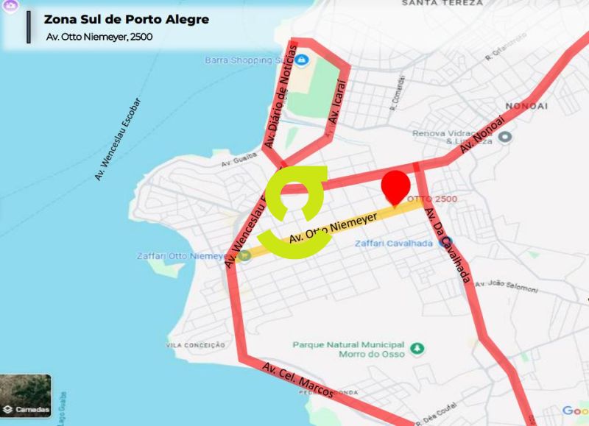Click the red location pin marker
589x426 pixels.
[x=396, y=186]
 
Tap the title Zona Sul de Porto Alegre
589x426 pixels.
[x=126, y=19]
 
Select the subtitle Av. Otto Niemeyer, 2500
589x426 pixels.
[x=99, y=37]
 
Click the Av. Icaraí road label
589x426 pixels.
[x=336, y=107]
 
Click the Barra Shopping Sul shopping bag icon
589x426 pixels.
[x=301, y=60]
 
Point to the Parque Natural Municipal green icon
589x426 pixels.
[x=417, y=347]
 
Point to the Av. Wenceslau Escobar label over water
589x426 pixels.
[x=117, y=140]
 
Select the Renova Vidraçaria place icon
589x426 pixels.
[x=505, y=137]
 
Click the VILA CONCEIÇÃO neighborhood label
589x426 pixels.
[x=195, y=344]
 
